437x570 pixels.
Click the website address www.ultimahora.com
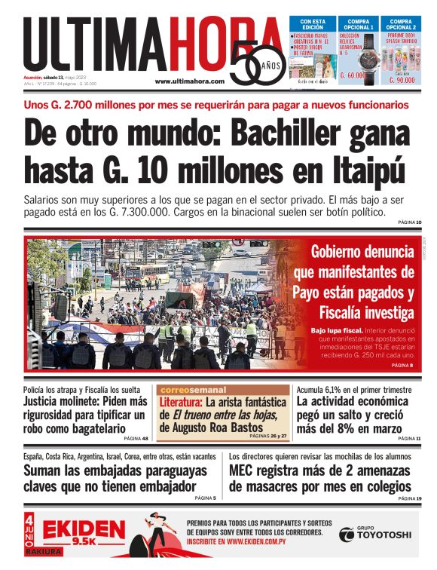189,81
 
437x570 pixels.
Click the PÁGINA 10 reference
409,222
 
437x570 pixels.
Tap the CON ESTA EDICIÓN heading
310,24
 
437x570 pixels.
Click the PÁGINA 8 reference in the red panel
402,365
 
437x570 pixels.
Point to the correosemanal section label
193,390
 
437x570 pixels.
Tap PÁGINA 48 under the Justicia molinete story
136,438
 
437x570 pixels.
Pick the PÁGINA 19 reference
409,498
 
